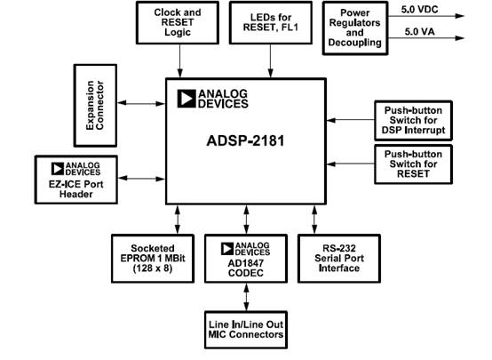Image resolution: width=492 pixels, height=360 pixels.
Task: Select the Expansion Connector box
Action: click(x=100, y=105)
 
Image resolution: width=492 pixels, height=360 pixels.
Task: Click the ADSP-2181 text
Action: click(x=244, y=140)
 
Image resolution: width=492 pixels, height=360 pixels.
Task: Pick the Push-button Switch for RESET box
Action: click(x=415, y=164)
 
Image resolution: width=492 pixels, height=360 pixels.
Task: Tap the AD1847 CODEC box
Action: click(x=244, y=258)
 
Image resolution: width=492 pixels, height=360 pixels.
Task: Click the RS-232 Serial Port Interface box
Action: click(x=339, y=258)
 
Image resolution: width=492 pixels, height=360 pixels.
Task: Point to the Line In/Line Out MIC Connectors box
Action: click(x=244, y=328)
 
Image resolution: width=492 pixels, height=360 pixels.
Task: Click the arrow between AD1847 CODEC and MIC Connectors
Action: click(x=245, y=296)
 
